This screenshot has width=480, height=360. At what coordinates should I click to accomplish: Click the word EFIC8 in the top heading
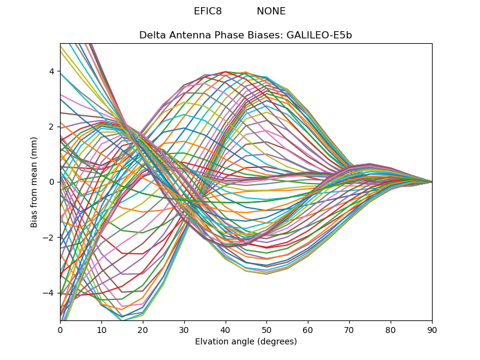pos(208,11)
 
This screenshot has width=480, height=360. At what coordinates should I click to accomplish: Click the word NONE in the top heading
pos(271,11)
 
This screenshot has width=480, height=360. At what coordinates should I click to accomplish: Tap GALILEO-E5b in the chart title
pos(319,35)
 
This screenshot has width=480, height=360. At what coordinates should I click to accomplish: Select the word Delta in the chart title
pos(151,35)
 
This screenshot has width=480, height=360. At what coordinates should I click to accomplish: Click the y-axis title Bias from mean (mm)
pos(34,181)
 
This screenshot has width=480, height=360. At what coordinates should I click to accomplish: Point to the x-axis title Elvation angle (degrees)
pos(246,342)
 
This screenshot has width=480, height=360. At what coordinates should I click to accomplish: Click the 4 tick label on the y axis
pos(52,71)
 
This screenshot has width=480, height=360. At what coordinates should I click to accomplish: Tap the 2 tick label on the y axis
pos(52,127)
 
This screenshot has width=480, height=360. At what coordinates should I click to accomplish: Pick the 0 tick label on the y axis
pos(52,182)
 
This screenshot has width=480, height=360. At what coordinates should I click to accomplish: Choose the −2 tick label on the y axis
pos(50,237)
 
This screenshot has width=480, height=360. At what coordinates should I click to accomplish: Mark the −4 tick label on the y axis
pos(50,293)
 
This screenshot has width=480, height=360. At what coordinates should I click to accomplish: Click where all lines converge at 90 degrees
pos(432,182)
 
